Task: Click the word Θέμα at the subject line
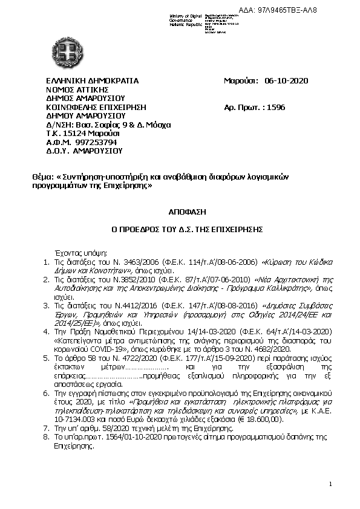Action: (42, 178)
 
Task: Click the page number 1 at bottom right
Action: (331, 484)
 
